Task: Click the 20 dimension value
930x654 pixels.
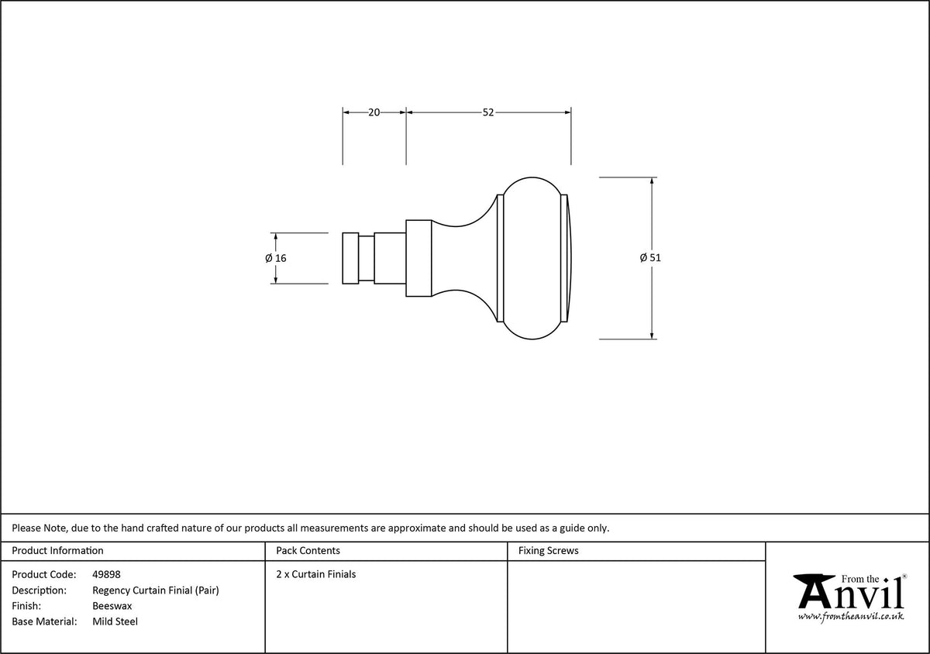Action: pos(374,112)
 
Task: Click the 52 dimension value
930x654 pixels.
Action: pos(487,112)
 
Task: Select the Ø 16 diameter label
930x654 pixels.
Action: pos(276,258)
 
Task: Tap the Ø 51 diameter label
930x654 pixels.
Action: pos(650,258)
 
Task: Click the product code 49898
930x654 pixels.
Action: pos(106,574)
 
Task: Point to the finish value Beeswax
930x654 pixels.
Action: pos(112,606)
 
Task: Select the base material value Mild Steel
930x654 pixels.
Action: pos(115,621)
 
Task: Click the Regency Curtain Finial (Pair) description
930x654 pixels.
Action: pos(156,590)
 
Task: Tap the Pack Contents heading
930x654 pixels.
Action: pos(308,551)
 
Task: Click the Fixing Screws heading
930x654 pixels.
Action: pos(548,551)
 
